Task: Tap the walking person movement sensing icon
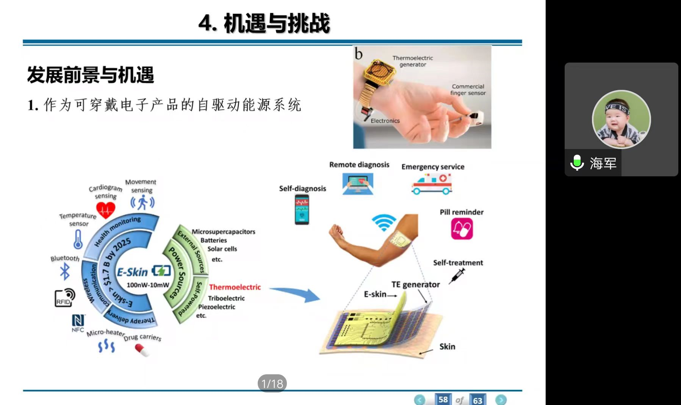pos(142,202)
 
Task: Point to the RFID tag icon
pos(65,298)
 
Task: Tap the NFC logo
pos(78,323)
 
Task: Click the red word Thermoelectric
pos(235,287)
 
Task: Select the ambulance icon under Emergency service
pos(432,184)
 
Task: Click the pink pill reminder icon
pos(462,229)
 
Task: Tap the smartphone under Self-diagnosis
pos(302,209)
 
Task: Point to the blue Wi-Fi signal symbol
pos(384,222)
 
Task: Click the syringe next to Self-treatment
pos(456,276)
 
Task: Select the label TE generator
pos(415,284)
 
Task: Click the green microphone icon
pos(577,163)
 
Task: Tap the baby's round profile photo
pos(621,119)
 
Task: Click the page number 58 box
pos(443,400)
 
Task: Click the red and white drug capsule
pos(142,350)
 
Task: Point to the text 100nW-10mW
pos(148,285)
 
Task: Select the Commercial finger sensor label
pos(468,89)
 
